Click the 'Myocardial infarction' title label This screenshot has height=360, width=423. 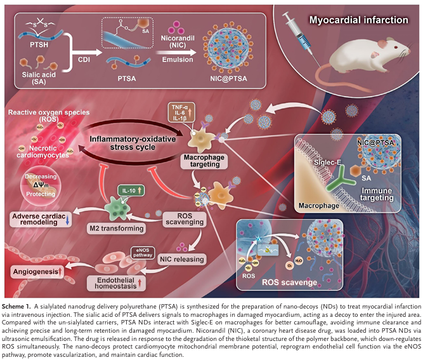358,20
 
